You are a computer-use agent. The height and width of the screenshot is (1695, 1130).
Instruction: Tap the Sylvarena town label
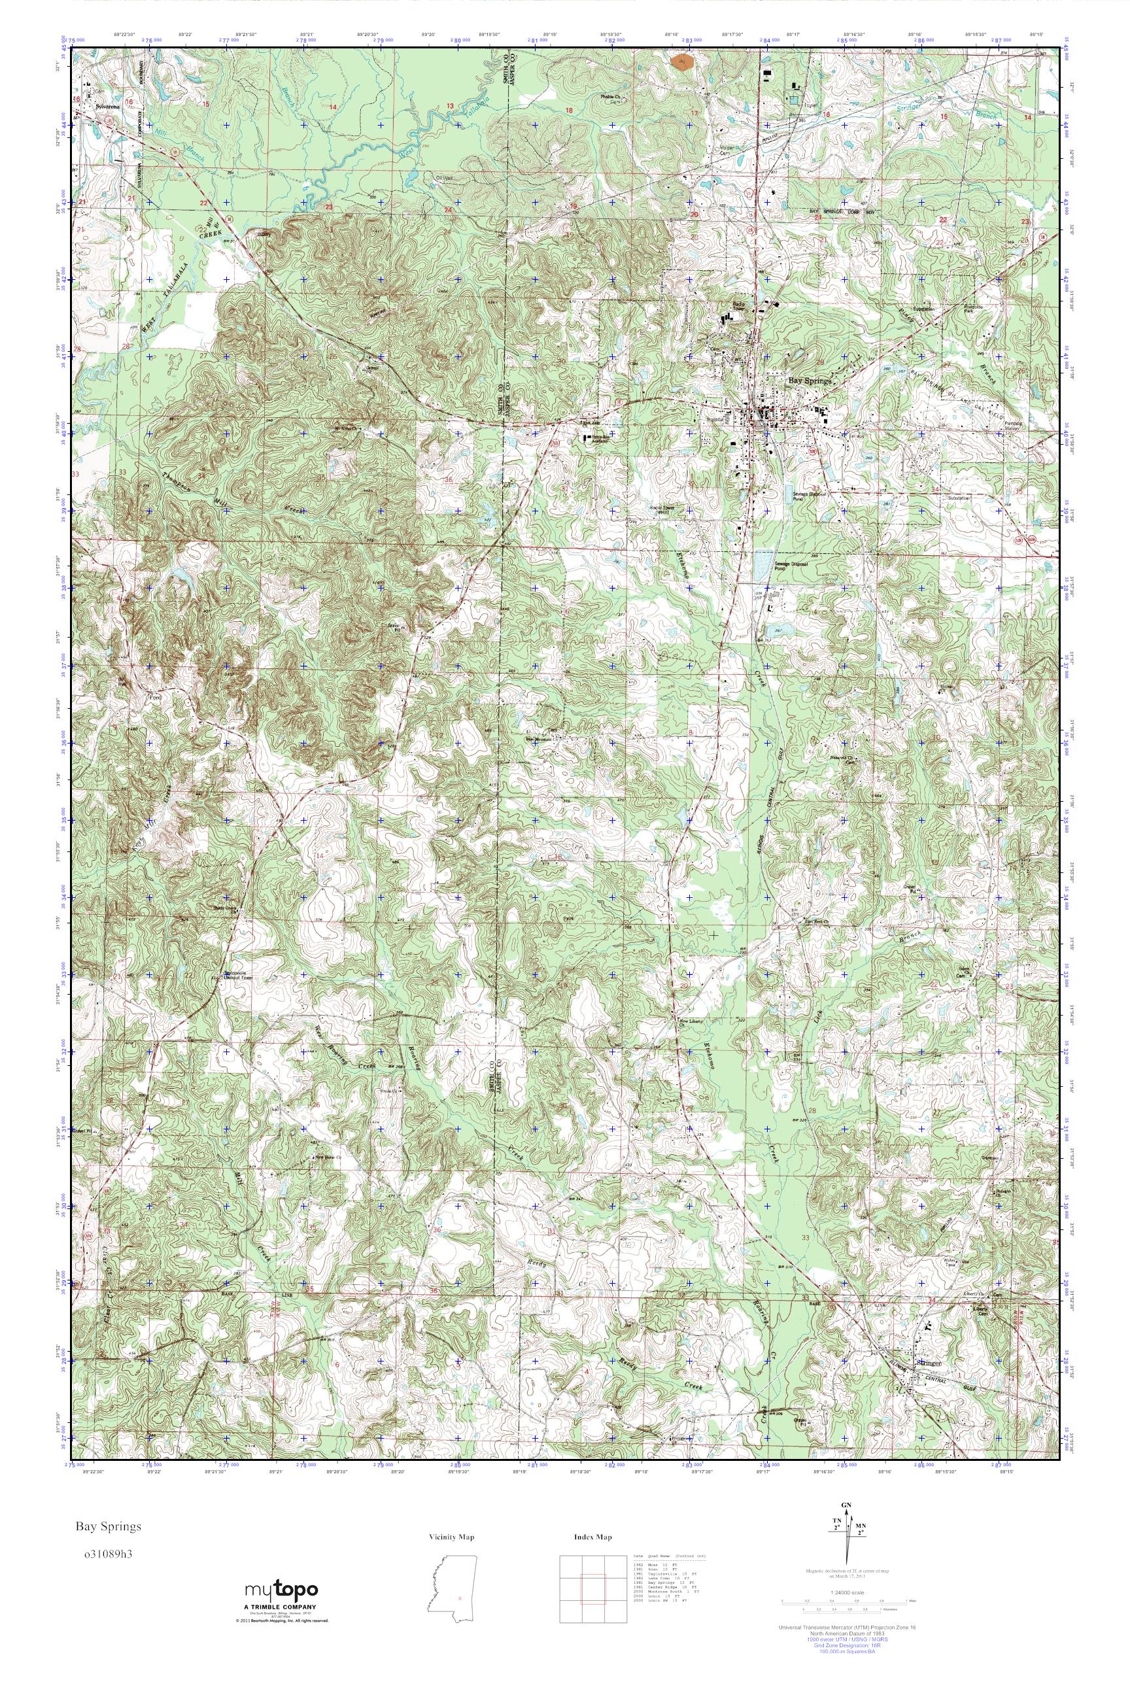tap(106, 105)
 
